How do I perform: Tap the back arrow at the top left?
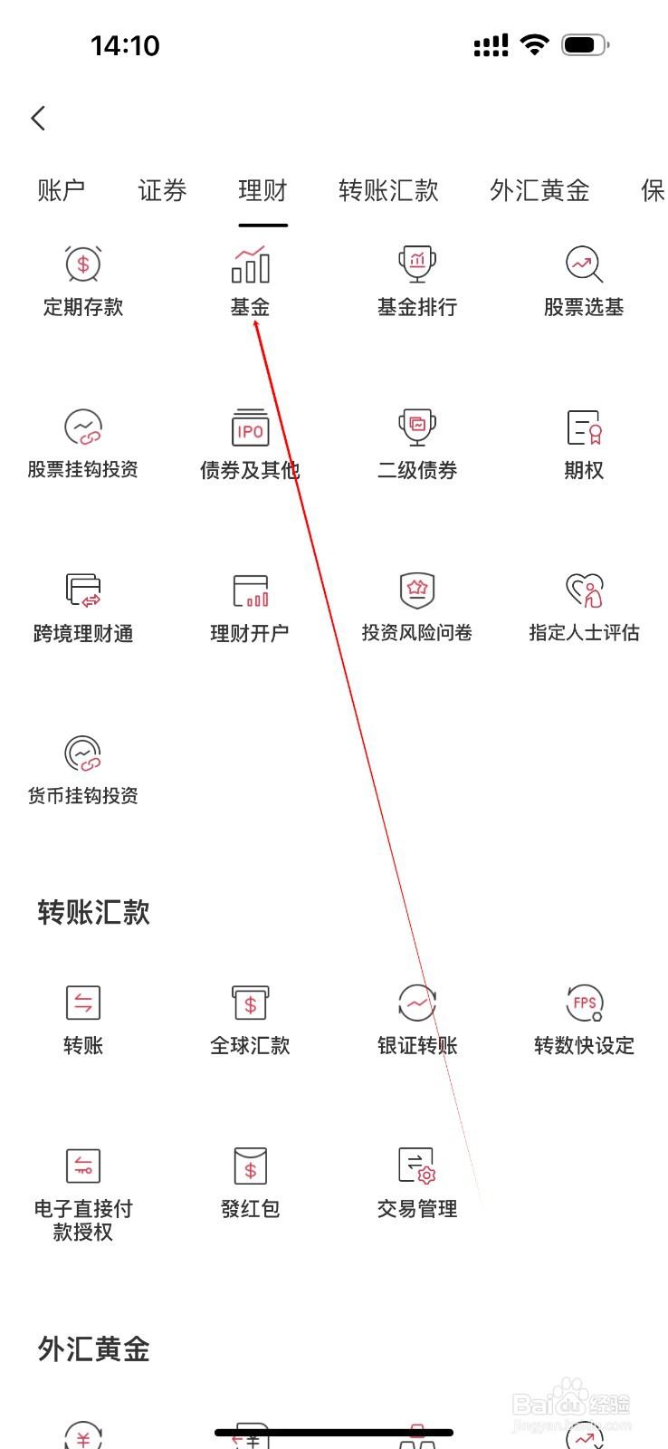(x=38, y=118)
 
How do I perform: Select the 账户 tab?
(x=62, y=190)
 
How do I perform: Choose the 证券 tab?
(x=162, y=190)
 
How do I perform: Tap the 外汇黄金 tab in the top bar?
(x=539, y=190)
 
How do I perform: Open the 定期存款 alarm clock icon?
(x=83, y=264)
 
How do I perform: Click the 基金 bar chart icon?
(x=250, y=265)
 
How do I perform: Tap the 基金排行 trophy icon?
(x=417, y=264)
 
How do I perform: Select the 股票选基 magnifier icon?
(x=584, y=264)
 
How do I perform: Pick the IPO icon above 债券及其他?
(x=250, y=427)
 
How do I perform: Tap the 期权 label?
(x=584, y=470)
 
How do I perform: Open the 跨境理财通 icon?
(x=83, y=590)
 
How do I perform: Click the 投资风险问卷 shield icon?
(x=417, y=590)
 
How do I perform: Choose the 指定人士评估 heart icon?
(x=584, y=590)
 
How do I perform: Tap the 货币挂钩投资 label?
(x=83, y=796)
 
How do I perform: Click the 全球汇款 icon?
(x=250, y=1003)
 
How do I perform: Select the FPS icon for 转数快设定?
(x=584, y=1003)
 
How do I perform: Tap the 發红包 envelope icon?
(x=250, y=1166)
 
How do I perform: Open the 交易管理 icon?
(x=417, y=1166)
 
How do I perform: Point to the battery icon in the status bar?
(x=585, y=44)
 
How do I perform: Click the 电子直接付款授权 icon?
(x=83, y=1166)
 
